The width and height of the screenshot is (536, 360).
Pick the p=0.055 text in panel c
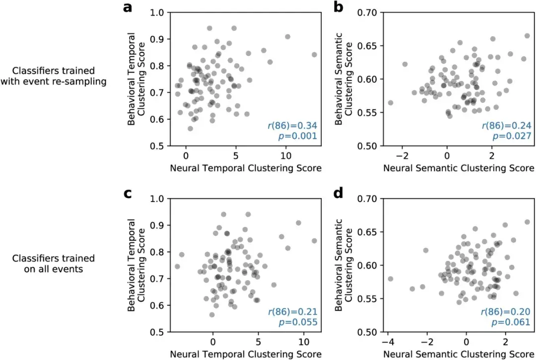coord(300,323)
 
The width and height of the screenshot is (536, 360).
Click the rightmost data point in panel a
coord(314,55)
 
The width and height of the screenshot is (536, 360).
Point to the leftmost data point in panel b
coord(390,103)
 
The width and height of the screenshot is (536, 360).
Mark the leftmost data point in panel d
coord(390,279)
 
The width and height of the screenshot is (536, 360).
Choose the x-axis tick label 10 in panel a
coord(285,154)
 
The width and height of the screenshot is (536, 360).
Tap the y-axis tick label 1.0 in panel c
coord(157,199)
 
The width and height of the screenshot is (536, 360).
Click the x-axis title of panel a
coord(246,168)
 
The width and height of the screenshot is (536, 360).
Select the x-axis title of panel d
coord(458,355)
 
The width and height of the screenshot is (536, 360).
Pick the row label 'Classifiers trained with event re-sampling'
coord(54,75)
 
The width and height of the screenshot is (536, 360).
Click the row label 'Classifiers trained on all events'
coord(54,263)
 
